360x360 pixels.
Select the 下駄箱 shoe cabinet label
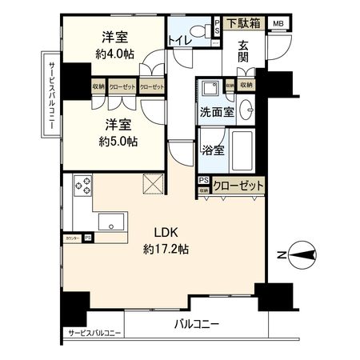click(243, 23)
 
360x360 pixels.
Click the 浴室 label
click(212, 150)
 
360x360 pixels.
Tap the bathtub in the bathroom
click(242, 149)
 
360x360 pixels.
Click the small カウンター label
click(73, 238)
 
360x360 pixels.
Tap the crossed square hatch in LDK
click(151, 183)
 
